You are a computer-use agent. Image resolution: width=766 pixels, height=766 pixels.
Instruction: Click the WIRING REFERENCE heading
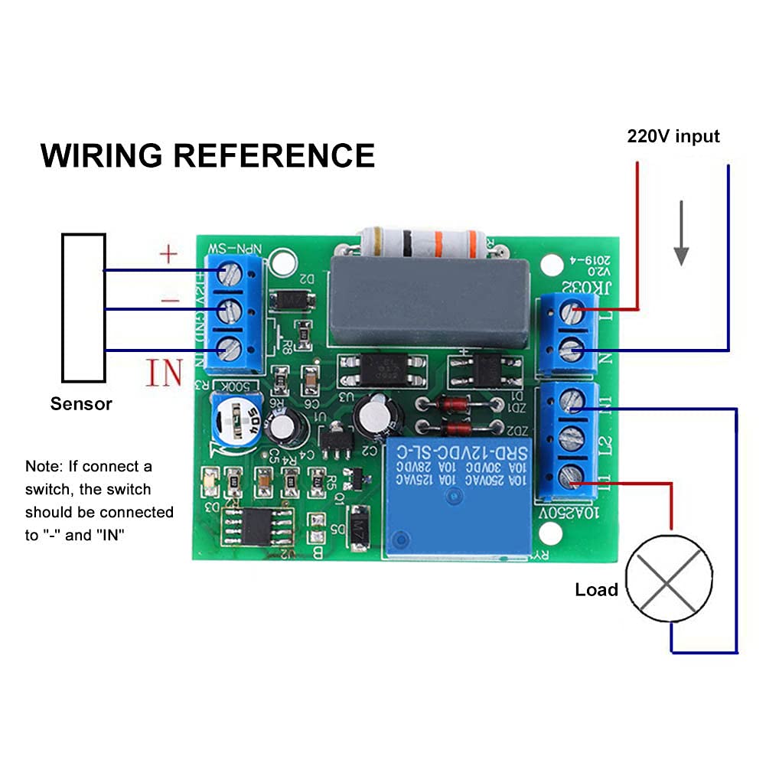coord(207,155)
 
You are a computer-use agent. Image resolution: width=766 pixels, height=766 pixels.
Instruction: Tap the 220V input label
coord(673,136)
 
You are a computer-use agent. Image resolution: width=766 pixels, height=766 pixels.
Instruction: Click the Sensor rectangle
coord(83,308)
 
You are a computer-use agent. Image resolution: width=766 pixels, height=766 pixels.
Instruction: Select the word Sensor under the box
coord(81,404)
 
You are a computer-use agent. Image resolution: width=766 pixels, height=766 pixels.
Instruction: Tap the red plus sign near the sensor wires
coord(168,253)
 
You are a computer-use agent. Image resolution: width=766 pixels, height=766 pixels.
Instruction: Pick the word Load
coord(596,589)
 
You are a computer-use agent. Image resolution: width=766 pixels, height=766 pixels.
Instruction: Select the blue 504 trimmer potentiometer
coord(236,422)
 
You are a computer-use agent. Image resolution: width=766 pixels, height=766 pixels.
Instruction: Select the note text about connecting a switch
coord(99,500)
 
